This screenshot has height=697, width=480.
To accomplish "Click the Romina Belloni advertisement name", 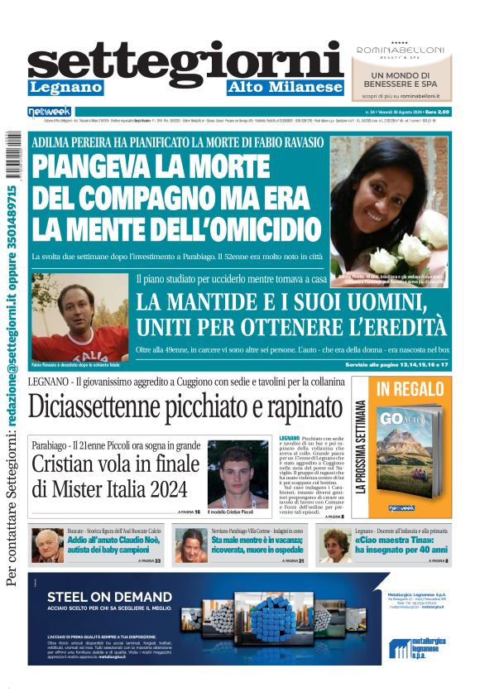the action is click(x=401, y=50).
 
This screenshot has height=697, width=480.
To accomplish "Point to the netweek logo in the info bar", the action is click(x=50, y=112).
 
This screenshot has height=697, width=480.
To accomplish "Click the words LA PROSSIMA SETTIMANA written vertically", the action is click(x=361, y=448).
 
